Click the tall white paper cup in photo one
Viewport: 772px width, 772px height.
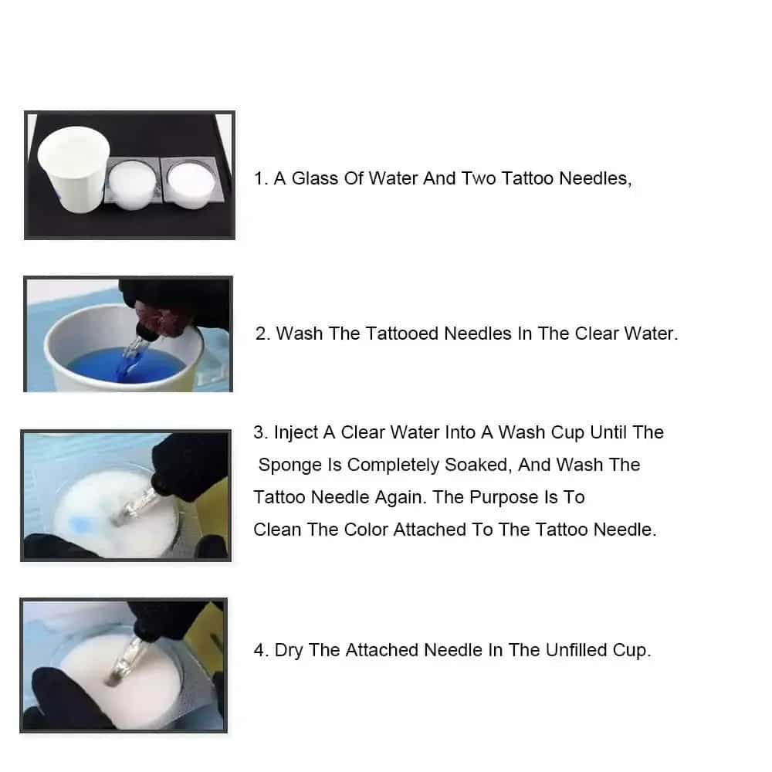74,169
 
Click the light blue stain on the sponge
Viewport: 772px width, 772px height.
80,524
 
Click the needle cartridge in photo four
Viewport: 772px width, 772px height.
125,661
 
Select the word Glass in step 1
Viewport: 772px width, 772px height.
315,178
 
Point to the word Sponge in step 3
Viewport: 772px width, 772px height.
290,466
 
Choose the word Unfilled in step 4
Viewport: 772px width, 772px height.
576,650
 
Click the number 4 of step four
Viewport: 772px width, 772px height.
259,650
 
